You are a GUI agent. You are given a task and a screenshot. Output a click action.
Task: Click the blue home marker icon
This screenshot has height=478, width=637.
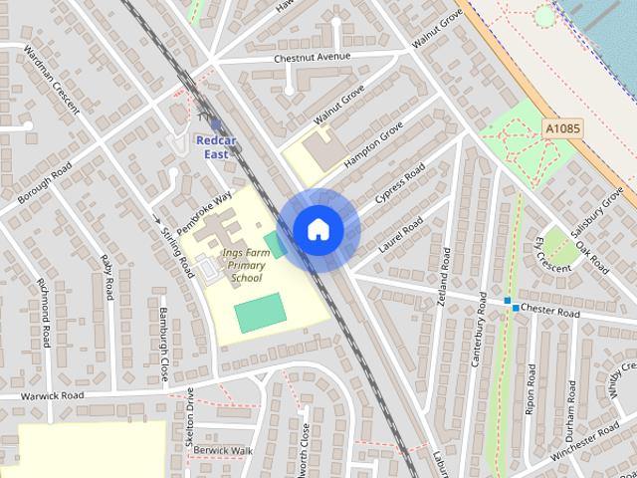(x=317, y=229)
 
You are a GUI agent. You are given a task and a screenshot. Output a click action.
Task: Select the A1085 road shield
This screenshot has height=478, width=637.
(x=562, y=128)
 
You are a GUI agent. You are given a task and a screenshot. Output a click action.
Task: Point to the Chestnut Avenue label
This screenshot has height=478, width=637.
(x=313, y=58)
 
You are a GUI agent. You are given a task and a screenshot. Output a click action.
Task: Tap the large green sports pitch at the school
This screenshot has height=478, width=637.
(x=260, y=313)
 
